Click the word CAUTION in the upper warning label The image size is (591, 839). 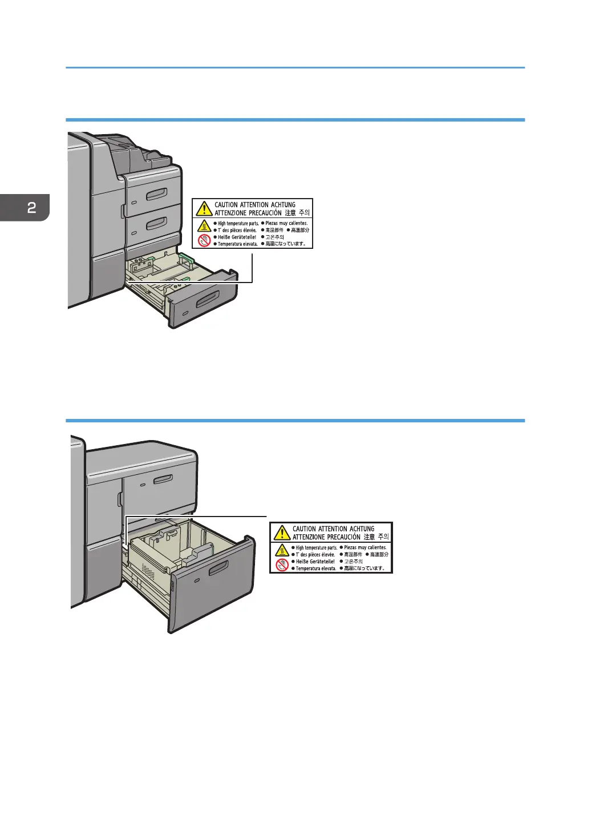[226, 205]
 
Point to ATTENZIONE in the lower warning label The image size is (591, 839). [309, 537]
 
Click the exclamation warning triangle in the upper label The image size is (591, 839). [204, 208]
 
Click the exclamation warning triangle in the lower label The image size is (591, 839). [281, 533]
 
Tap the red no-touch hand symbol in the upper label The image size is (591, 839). [204, 240]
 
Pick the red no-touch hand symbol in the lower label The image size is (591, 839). [282, 564]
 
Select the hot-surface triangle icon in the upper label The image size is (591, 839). [204, 225]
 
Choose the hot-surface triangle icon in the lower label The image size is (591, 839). [282, 550]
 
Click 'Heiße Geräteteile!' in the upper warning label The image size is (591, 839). [237, 237]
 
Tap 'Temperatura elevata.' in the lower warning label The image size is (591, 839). [315, 568]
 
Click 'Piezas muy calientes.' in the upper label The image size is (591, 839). [286, 223]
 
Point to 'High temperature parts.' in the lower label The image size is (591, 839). [316, 547]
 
